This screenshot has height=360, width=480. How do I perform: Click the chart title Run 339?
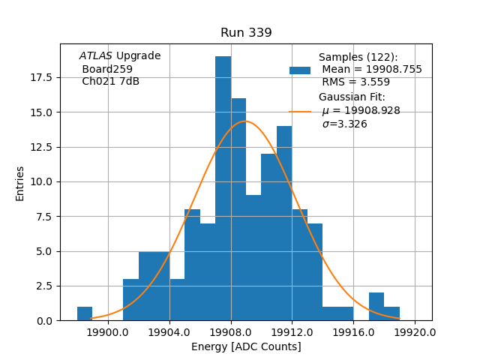point(246,33)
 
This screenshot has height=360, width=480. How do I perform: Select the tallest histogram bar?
point(223,187)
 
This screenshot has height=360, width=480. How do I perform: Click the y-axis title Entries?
point(20,183)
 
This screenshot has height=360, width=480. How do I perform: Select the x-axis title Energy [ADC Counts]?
point(246,346)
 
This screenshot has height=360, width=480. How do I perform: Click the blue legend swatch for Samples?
point(300,70)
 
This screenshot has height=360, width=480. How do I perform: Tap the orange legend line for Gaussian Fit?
point(300,112)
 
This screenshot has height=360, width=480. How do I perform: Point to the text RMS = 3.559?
point(355,82)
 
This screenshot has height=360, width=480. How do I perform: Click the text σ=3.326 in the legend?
point(344,124)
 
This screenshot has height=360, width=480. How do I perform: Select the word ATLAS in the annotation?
point(96,56)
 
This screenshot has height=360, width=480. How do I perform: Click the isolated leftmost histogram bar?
point(85,313)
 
